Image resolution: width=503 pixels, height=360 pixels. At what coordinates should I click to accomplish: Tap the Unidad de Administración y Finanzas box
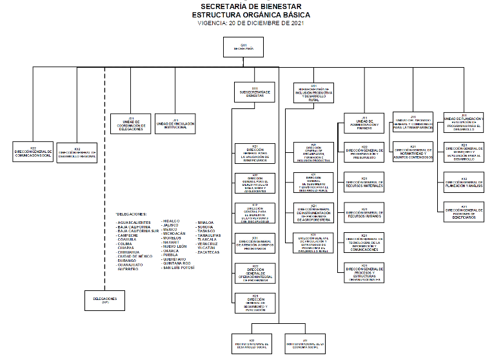coord(364,124)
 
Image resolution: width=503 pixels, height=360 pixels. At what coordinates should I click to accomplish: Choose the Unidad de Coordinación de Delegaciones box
coord(132,124)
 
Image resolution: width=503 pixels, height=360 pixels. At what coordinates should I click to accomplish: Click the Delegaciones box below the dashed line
coord(104,301)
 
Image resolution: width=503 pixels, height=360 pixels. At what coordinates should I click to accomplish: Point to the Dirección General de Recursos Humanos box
coord(364,213)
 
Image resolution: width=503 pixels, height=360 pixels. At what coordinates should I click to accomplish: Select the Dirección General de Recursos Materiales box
coord(364,185)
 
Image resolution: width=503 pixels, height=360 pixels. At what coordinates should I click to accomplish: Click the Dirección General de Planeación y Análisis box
coord(464,183)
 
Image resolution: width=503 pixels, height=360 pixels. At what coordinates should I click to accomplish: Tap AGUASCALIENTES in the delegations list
coord(133,222)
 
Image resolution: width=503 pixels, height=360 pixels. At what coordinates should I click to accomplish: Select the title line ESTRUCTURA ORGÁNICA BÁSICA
coord(252,14)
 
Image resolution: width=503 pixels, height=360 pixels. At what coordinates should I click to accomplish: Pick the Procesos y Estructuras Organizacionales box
coord(364,273)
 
